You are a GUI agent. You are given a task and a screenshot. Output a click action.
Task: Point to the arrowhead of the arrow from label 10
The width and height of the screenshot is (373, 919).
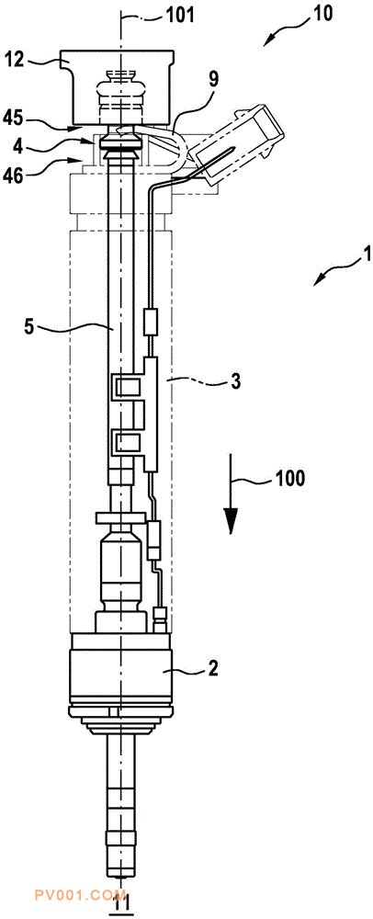point(269,40)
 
